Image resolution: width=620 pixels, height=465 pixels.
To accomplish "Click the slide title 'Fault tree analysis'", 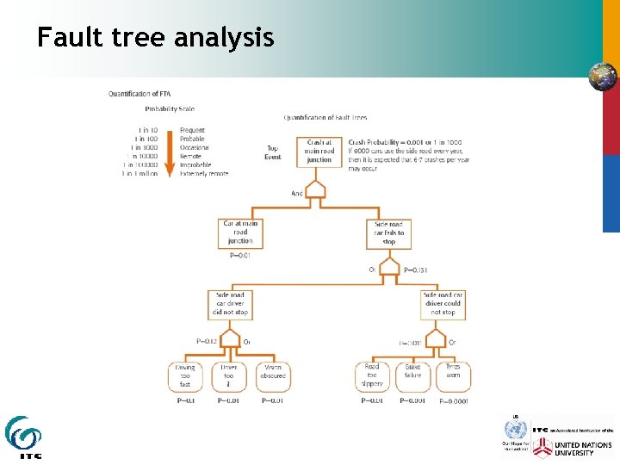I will (x=155, y=38).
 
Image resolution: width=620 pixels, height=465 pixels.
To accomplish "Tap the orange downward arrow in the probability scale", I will (x=170, y=152).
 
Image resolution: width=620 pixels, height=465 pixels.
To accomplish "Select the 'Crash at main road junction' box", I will (x=319, y=152).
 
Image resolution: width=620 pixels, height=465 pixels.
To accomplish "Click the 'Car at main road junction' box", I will (x=240, y=232).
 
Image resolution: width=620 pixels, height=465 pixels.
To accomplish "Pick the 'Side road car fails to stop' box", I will (x=388, y=232).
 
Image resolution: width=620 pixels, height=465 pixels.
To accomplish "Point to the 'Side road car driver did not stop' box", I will (x=230, y=304).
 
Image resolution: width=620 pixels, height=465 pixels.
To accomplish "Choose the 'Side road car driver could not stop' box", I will (x=443, y=304).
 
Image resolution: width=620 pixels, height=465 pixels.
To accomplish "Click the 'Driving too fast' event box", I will (x=185, y=375).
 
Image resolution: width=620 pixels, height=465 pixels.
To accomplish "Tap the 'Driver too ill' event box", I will (x=228, y=375).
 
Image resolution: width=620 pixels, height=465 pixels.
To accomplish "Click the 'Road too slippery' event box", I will (x=372, y=375).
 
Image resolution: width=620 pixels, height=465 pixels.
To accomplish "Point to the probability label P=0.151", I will (x=415, y=270).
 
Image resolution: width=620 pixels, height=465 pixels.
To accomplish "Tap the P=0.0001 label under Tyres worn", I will (x=455, y=401).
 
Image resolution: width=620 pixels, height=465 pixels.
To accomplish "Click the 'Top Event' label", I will (x=272, y=152).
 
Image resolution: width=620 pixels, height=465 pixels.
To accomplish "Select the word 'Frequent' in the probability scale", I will (x=192, y=131).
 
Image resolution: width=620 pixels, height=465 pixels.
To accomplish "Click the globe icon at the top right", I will (x=602, y=77).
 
